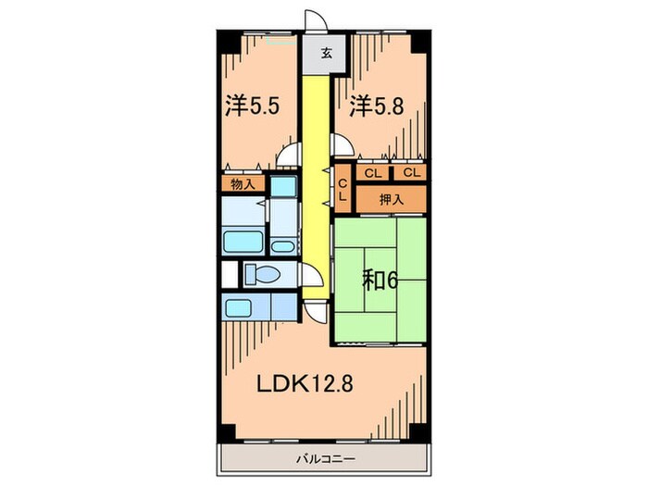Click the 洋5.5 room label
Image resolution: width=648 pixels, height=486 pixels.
[x=253, y=106]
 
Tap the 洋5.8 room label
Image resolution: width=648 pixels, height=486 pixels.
[x=377, y=106]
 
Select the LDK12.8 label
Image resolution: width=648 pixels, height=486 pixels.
[x=305, y=384]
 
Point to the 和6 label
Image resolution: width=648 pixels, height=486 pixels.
[x=380, y=280]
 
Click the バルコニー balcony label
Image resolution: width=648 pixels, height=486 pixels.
[x=326, y=459]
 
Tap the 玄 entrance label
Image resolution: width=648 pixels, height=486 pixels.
[x=327, y=53]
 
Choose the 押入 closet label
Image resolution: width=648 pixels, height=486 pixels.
[x=392, y=200]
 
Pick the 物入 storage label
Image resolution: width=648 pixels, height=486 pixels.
[x=243, y=184]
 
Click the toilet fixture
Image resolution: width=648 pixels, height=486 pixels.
[x=262, y=274]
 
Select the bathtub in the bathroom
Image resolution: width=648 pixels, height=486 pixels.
[x=243, y=242]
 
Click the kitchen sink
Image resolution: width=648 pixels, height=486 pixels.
[x=238, y=308]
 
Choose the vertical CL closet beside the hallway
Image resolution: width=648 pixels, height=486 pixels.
[x=343, y=189]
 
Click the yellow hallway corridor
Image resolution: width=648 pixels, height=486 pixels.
[x=317, y=186]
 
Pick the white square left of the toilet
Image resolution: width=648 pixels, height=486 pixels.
[x=230, y=274]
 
